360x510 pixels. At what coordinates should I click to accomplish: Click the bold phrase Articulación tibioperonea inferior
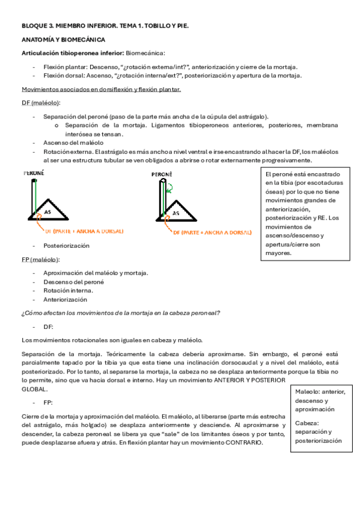tap(73, 54)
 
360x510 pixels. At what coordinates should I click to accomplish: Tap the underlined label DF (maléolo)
tap(40, 103)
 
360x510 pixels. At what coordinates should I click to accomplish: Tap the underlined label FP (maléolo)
tap(40, 259)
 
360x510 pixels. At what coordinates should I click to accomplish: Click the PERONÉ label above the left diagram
tap(34, 173)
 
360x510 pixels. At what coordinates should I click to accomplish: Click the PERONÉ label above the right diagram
tap(162, 174)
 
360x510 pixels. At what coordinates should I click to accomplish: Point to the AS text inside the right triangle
tap(176, 213)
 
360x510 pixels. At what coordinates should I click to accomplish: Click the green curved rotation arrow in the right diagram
tap(169, 188)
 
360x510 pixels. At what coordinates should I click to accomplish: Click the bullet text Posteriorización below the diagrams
tap(66, 245)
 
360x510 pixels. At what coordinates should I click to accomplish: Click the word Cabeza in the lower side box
tap(306, 423)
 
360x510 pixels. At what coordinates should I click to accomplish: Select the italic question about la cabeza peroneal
tap(120, 313)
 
